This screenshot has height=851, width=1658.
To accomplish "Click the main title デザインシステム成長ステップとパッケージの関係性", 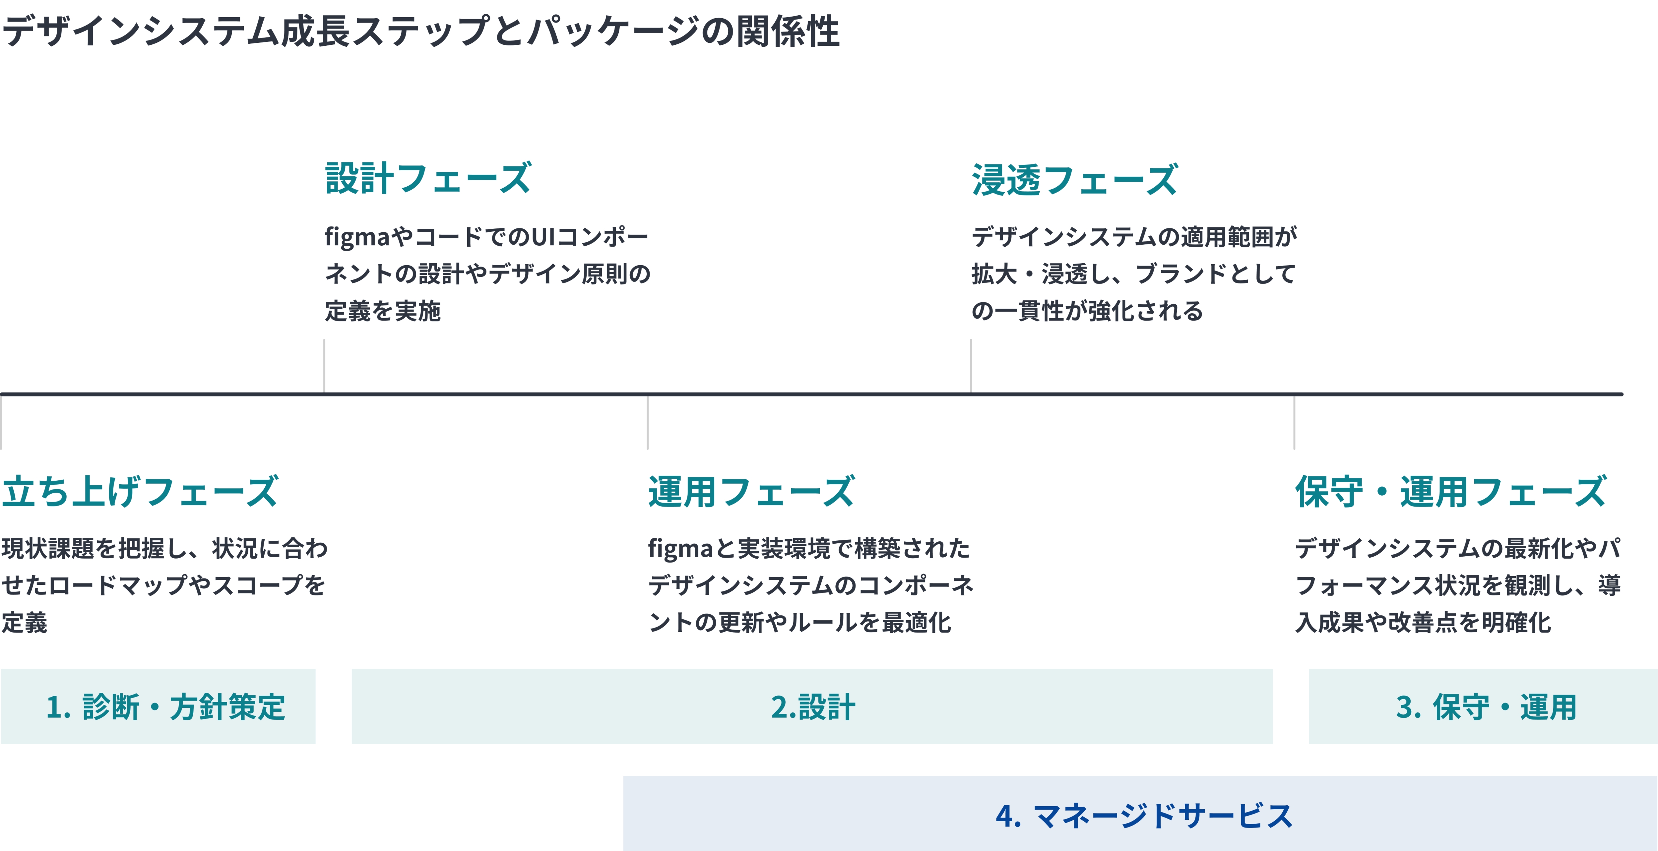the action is [421, 31].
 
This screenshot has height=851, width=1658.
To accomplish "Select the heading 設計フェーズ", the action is [428, 178].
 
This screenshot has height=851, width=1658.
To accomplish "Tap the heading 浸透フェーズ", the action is [1074, 179].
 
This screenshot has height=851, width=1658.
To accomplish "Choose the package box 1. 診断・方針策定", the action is [158, 706].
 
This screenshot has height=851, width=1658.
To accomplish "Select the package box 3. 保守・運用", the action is [1483, 706].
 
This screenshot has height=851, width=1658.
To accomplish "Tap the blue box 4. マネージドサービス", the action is [1140, 814].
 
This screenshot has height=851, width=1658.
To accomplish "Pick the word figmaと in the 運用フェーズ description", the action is [692, 549].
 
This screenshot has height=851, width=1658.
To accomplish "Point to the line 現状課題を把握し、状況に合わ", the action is [165, 548].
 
